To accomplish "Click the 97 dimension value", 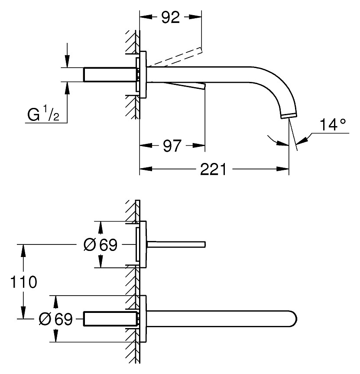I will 172,146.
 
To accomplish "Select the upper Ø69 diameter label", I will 100,245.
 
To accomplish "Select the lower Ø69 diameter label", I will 55,319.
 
